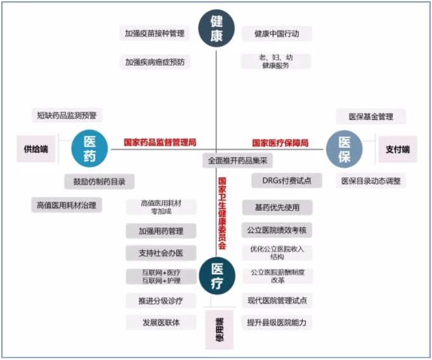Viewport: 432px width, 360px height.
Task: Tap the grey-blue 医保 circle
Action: pos(344,149)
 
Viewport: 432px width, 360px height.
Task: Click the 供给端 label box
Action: pos(36,149)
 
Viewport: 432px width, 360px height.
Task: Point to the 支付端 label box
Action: pos(398,149)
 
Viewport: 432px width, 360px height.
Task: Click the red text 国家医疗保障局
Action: pos(280,143)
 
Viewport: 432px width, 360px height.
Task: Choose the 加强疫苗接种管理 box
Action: pos(155,34)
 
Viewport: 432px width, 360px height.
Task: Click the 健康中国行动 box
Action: pos(277,34)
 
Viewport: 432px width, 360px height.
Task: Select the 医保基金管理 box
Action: pos(370,117)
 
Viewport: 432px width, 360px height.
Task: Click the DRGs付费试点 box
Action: pos(278,180)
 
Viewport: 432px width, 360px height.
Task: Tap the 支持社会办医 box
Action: pos(160,253)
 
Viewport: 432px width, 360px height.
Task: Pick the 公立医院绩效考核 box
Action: pos(277,230)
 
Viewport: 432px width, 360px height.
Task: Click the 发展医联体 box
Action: pos(160,322)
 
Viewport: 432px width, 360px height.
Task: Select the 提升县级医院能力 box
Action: pos(277,323)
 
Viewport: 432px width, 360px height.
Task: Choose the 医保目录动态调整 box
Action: pos(370,181)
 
